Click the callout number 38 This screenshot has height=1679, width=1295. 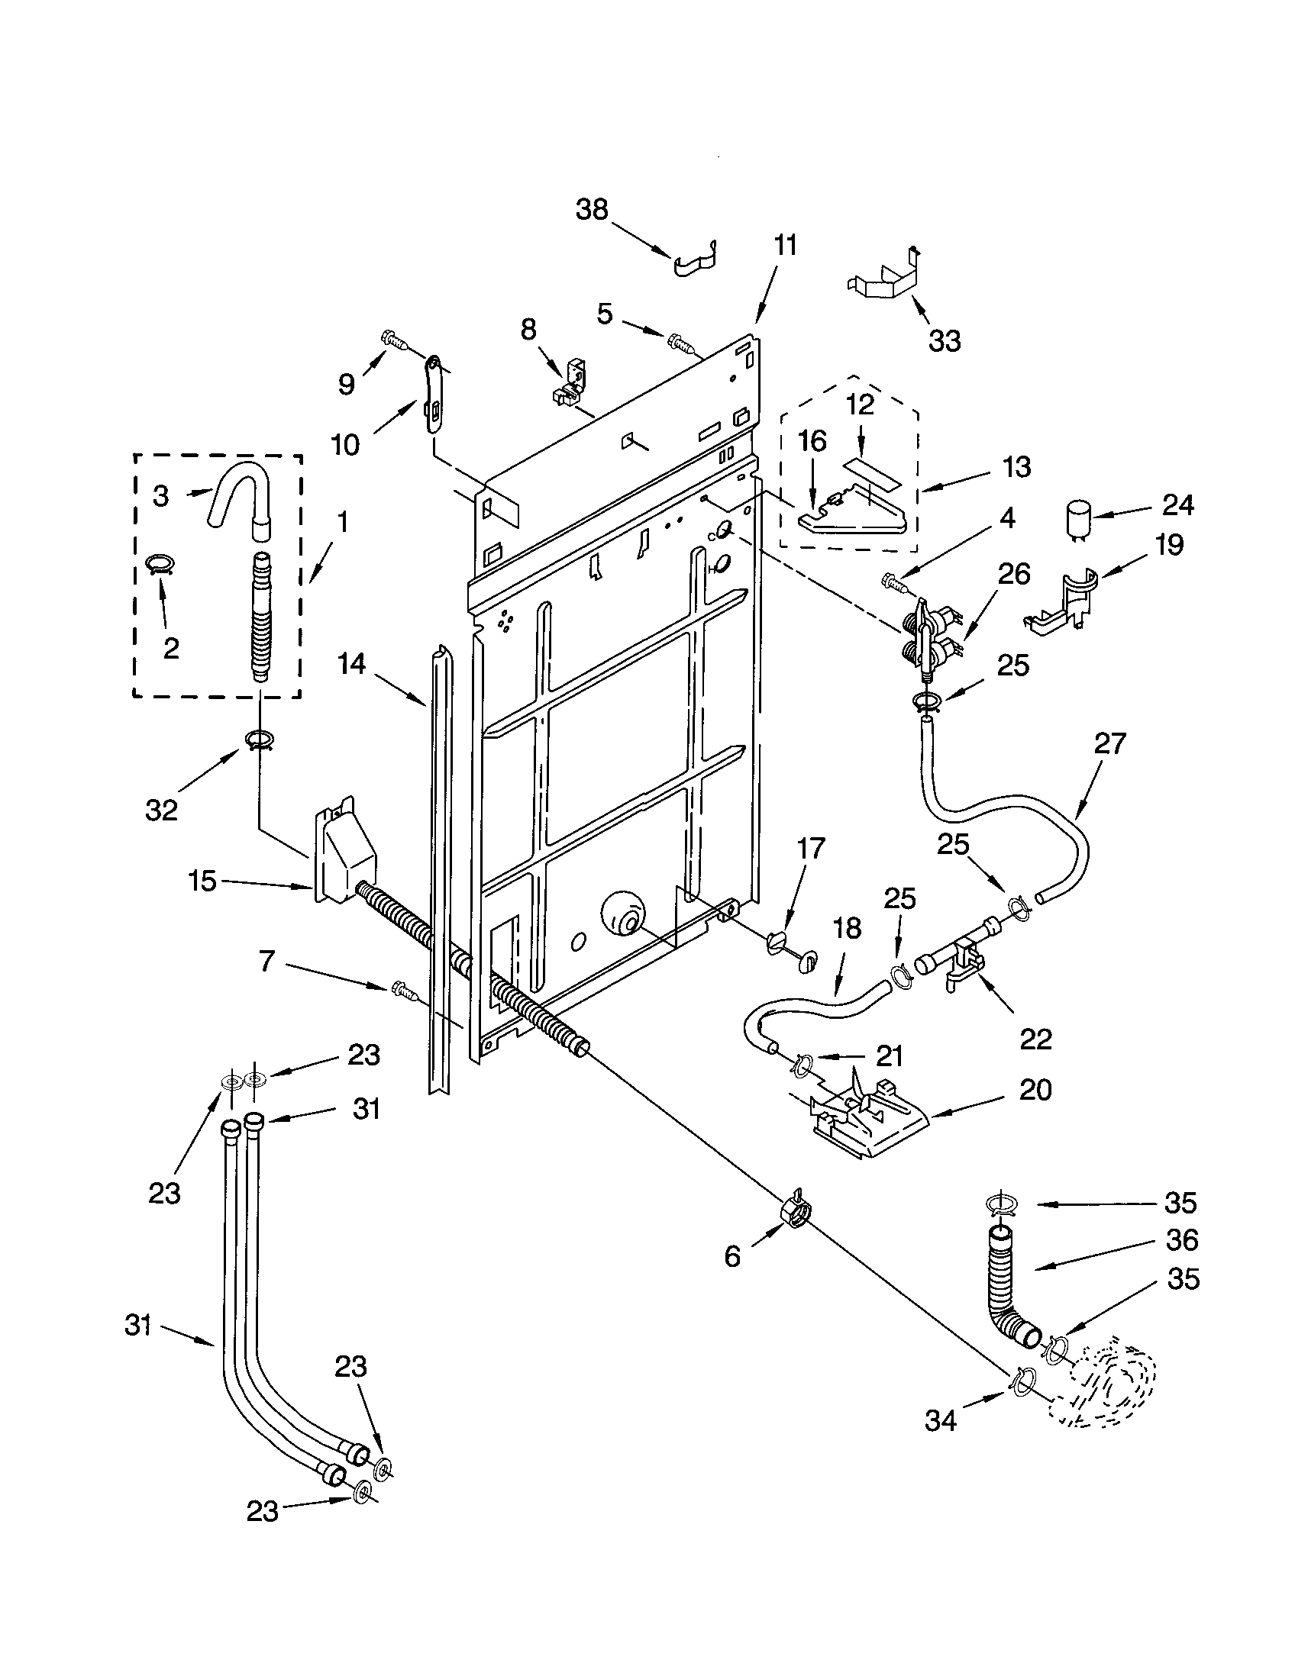[591, 209]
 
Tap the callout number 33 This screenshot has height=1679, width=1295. [945, 340]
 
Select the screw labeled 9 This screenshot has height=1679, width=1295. [396, 338]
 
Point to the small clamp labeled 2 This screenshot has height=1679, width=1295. [160, 565]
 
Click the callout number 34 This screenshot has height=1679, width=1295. [940, 1420]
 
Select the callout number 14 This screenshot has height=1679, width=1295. [351, 662]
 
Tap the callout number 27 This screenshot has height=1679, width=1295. [1109, 743]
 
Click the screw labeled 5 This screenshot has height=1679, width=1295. [681, 342]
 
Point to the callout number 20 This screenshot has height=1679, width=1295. [1035, 1089]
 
